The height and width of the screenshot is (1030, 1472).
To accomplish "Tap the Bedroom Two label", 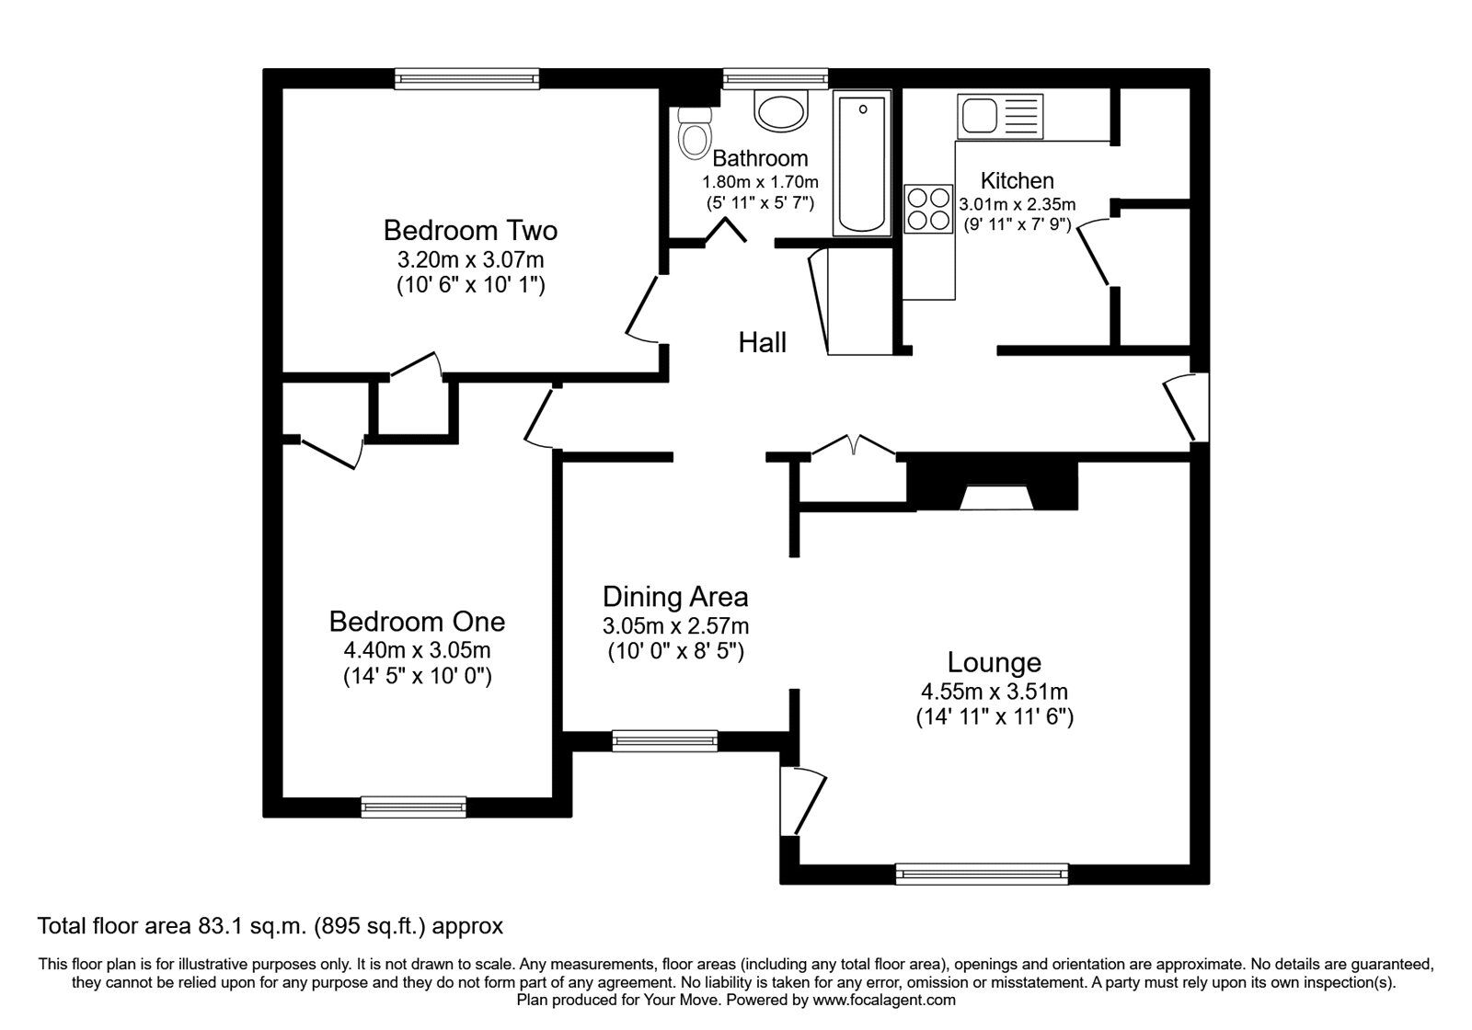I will point(470,229).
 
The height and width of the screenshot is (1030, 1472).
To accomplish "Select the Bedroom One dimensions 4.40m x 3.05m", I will point(417,650).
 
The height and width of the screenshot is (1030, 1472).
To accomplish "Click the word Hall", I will point(762,343).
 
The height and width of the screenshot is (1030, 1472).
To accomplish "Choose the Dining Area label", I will point(675,597).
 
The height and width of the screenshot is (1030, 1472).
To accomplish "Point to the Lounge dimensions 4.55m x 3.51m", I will point(994,691).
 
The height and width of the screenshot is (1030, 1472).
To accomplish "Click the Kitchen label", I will point(1017,180).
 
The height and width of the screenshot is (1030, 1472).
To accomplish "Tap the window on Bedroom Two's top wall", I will point(466,79).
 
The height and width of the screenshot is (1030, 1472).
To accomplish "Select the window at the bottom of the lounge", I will point(982,874).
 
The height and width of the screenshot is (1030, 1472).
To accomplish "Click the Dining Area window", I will point(664,739).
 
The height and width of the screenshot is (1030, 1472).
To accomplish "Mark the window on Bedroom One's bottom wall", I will point(413,807).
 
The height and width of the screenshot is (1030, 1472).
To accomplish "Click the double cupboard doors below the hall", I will point(854,446).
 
